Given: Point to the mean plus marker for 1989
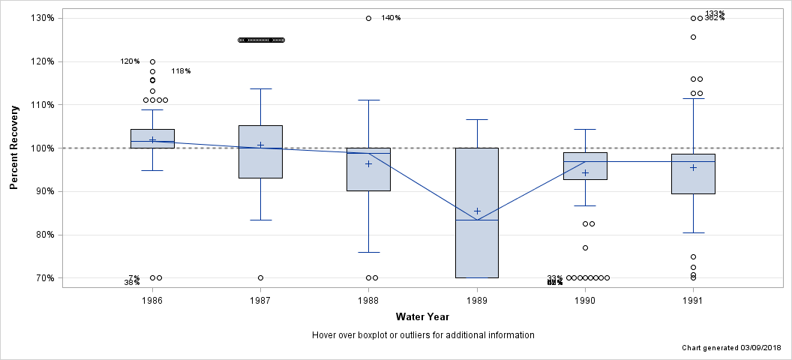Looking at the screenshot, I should click(477, 211).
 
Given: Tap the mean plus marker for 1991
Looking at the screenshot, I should click(693, 167).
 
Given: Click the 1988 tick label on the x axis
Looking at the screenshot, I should click(368, 300).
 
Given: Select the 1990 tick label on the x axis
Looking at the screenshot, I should click(585, 300).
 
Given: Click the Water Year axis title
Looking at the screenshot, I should click(422, 317).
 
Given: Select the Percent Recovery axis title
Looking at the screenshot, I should click(15, 148).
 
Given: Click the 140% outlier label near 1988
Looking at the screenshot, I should click(391, 18).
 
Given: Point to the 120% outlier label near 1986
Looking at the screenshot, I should click(130, 61).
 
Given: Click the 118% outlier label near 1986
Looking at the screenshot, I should click(181, 71).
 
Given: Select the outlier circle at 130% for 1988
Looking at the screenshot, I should click(368, 18).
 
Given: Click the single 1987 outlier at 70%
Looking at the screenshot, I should click(260, 277).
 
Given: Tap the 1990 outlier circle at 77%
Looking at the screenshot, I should click(585, 247).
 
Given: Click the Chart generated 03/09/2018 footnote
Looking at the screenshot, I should click(732, 349).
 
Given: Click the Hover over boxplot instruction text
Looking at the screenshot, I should click(423, 335).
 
